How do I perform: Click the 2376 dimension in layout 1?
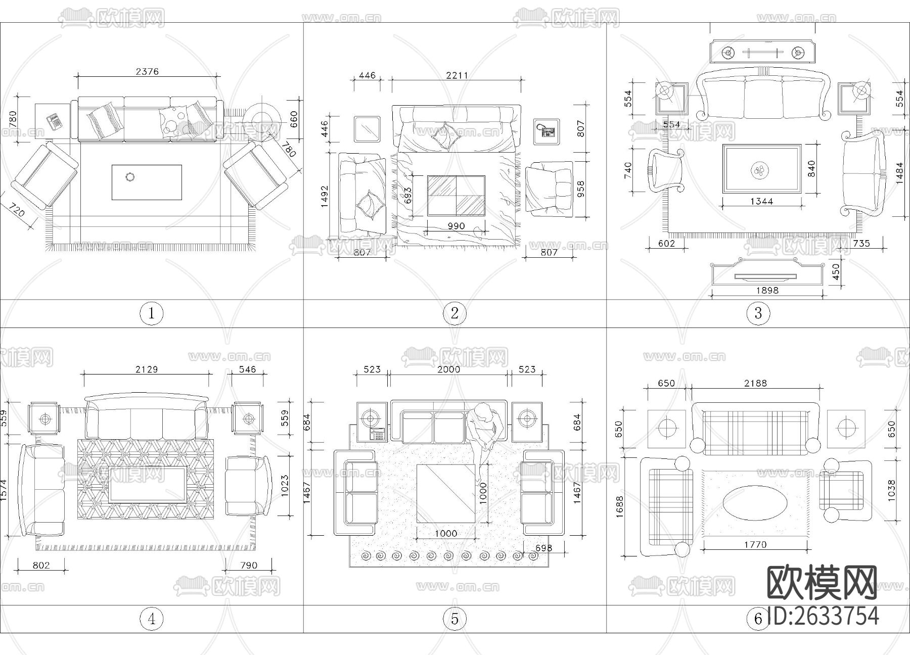pyautogui.click(x=147, y=71)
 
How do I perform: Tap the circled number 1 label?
pyautogui.click(x=151, y=313)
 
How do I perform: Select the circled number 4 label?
pyautogui.click(x=152, y=619)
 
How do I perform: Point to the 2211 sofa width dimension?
pyautogui.click(x=457, y=75)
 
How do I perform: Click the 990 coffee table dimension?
pyautogui.click(x=456, y=226)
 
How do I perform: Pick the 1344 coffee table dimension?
pyautogui.click(x=761, y=201)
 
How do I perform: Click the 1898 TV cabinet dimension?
pyautogui.click(x=767, y=290)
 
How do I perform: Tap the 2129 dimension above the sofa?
pyautogui.click(x=146, y=369)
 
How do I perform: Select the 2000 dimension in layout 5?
pyautogui.click(x=448, y=369)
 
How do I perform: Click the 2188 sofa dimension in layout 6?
pyautogui.click(x=755, y=383)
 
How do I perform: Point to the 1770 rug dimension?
pyautogui.click(x=755, y=545)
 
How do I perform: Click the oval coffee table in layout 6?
pyautogui.click(x=755, y=503)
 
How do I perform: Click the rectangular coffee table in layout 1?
pyautogui.click(x=147, y=182)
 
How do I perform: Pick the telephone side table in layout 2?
pyautogui.click(x=547, y=131)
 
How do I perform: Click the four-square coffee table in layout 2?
pyautogui.click(x=456, y=196)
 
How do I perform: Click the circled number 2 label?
pyautogui.click(x=454, y=313)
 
